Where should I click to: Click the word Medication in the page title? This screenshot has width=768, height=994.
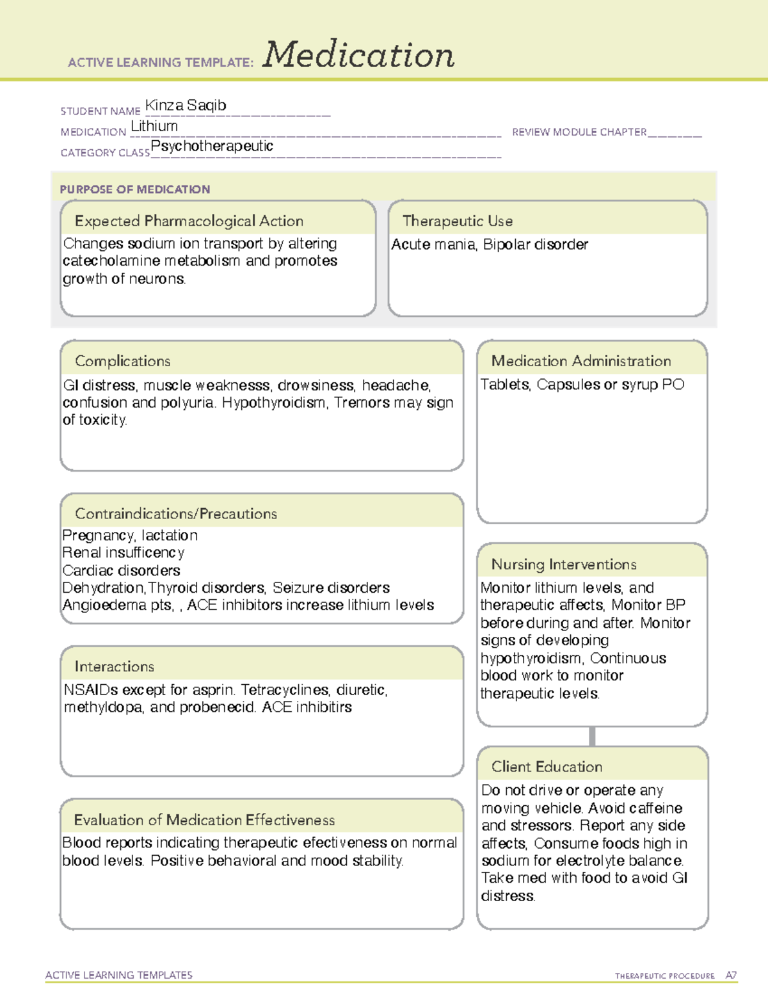click(x=358, y=55)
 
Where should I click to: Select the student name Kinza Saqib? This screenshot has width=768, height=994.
click(x=186, y=106)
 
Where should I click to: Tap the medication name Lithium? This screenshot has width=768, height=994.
click(x=154, y=126)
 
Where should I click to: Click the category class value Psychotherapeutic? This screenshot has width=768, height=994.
click(x=212, y=146)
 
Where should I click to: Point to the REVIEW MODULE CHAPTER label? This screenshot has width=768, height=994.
click(x=579, y=132)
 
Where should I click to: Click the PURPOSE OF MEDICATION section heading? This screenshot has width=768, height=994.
click(x=135, y=189)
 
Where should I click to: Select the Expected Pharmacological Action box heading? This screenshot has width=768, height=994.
click(x=189, y=221)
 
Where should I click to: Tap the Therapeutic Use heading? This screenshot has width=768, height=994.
click(x=458, y=221)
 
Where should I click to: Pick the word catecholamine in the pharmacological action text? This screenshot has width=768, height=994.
click(x=111, y=261)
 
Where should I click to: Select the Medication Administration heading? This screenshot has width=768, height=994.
click(x=581, y=361)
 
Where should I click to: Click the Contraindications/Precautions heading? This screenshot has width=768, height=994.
click(x=176, y=514)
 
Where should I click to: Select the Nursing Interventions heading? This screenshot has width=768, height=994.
click(x=564, y=565)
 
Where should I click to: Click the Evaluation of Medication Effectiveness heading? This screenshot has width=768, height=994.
click(x=204, y=820)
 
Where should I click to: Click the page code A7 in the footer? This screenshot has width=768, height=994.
click(x=731, y=975)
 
